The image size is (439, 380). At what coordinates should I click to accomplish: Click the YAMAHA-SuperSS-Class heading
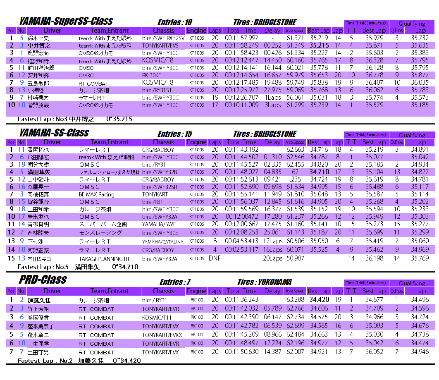tap(66, 21)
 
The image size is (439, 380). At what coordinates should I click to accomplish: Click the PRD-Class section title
tap(43, 280)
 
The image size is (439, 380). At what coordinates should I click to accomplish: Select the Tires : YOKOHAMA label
tap(265, 282)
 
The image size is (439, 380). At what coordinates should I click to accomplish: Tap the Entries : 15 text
tap(175, 134)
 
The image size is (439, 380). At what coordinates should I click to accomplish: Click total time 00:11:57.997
tap(242, 38)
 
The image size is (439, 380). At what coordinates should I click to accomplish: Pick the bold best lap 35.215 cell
tap(319, 45)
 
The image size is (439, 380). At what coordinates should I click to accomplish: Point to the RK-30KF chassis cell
tap(151, 75)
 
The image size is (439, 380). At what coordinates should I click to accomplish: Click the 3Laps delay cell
tap(273, 105)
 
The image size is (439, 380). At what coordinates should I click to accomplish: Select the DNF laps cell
tap(215, 258)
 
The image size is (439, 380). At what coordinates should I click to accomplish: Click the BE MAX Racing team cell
tap(96, 194)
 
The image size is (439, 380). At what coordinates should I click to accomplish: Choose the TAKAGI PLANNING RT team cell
tap(104, 259)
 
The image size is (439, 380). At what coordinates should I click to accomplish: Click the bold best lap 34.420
tap(319, 300)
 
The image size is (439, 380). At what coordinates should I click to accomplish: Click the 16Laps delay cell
tap(273, 250)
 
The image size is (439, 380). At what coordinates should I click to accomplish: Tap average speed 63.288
tap(295, 300)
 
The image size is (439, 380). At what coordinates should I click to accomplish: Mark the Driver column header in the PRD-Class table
tap(52, 291)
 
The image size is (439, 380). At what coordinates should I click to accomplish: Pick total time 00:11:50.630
tap(242, 352)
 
